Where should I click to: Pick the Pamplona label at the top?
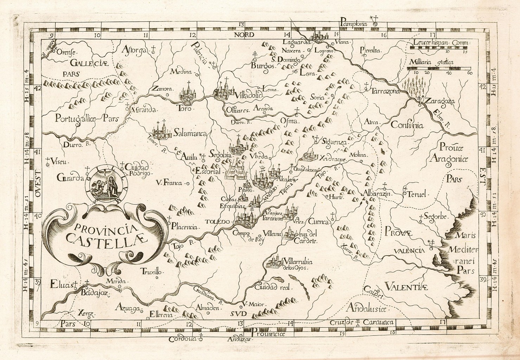coord(353,24)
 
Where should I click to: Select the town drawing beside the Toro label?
coord(188,94)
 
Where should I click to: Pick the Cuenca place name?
coord(319,222)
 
